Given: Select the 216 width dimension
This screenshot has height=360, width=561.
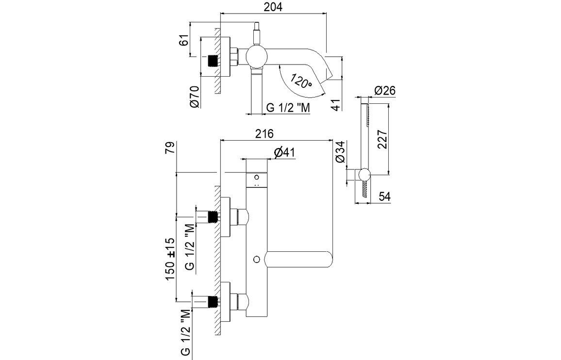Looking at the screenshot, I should pos(264,134).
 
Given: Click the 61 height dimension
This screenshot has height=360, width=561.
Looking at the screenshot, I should pos(183,40).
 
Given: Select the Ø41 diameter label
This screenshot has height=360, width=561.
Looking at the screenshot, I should pos(285,152).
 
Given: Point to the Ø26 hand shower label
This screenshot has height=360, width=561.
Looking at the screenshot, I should pos(385,90).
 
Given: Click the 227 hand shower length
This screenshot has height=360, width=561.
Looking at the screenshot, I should pos(383,139).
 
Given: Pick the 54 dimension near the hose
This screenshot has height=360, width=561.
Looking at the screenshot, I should pos(384,196).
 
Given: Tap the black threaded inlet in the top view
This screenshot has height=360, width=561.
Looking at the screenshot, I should pos(212,61).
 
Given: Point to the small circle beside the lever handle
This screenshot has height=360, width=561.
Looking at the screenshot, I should pos(256,260).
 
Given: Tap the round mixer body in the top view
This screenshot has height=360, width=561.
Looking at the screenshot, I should pos(256,56).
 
